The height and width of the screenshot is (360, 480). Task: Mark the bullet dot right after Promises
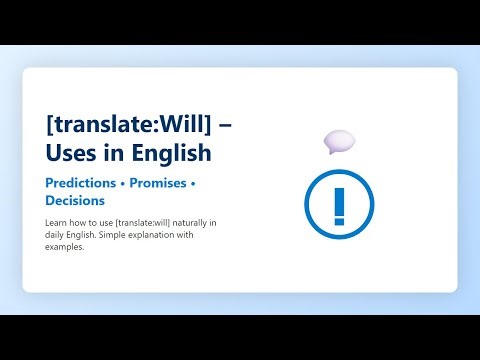(192, 185)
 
